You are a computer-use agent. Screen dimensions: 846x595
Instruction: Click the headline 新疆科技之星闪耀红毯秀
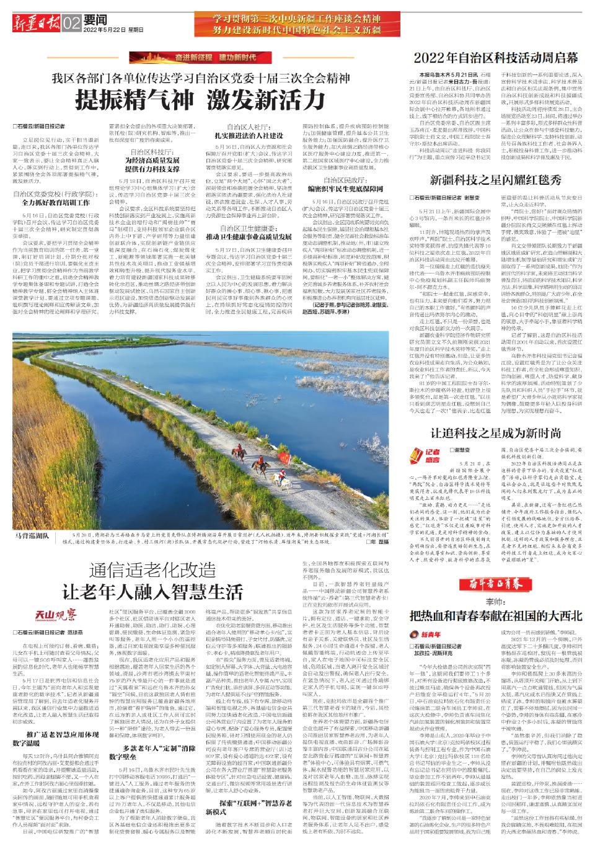[x=495, y=180]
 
